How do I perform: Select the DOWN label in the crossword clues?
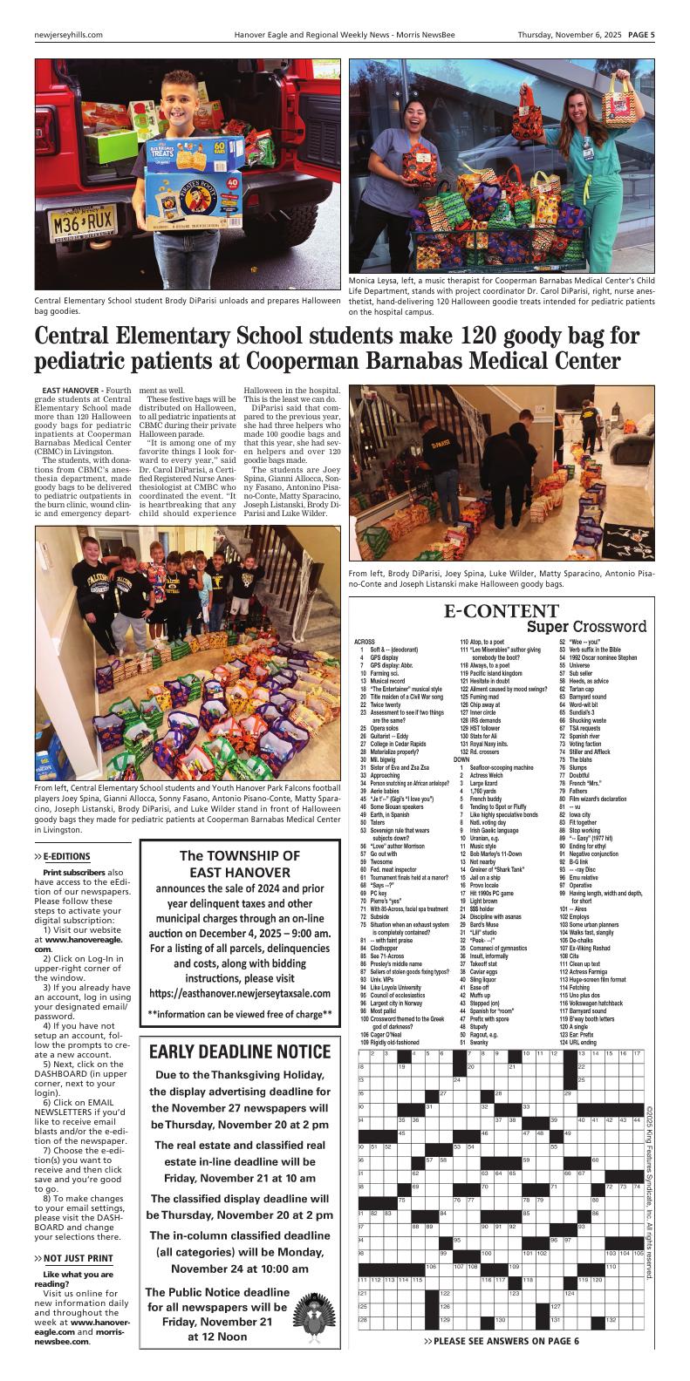(x=461, y=759)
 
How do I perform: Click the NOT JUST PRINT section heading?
(x=79, y=1258)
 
